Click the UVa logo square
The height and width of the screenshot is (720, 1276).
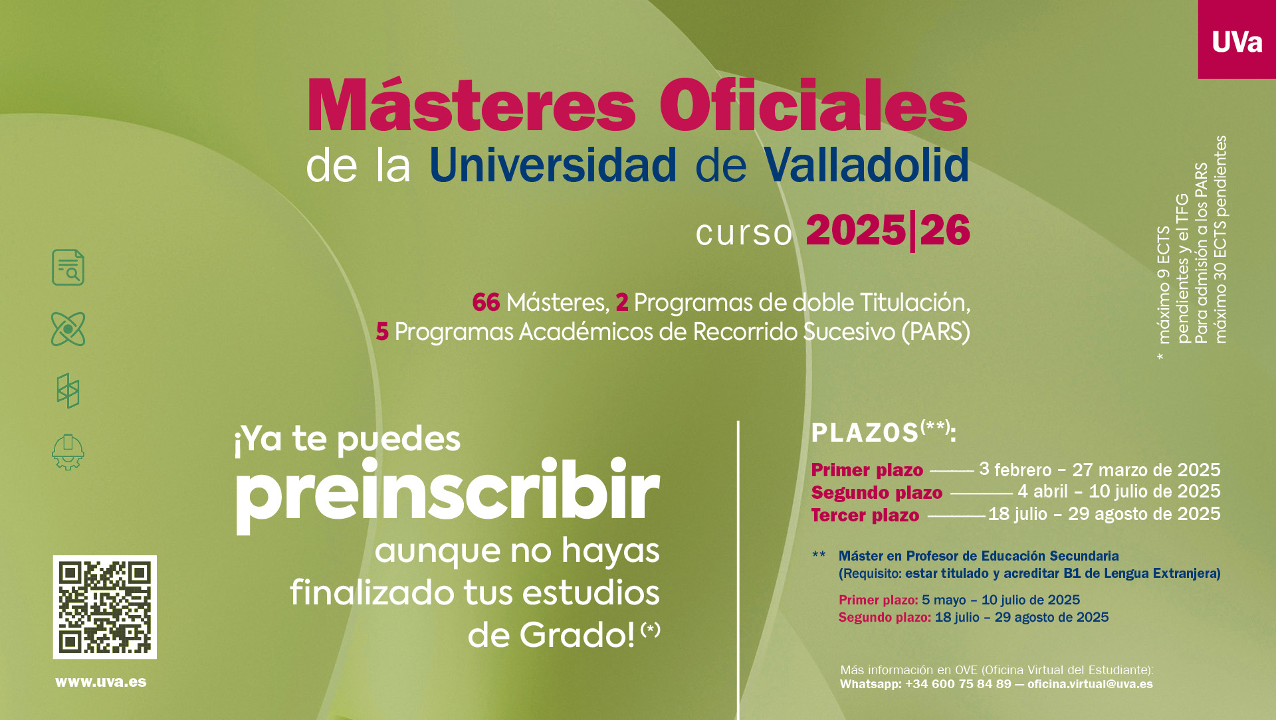[x=1237, y=39]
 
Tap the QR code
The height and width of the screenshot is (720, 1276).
[x=105, y=607]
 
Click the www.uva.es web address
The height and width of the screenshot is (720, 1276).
[x=101, y=682]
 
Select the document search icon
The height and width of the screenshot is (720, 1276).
[x=68, y=268]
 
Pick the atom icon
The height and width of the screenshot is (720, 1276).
[x=68, y=329]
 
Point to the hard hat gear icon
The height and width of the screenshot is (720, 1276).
[x=68, y=452]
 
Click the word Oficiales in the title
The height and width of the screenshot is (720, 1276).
[x=813, y=106]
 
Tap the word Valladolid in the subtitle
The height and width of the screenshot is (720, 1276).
[x=866, y=164]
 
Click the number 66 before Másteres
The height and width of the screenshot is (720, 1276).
[x=486, y=302]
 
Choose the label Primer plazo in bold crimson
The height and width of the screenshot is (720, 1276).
[x=867, y=470]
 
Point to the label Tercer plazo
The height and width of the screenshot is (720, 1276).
[x=865, y=515]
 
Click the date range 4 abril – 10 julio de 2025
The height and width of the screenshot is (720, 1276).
[x=1119, y=492]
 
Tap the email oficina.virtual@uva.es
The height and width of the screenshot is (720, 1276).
[x=1090, y=684]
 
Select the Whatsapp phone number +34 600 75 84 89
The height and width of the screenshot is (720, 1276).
[x=958, y=684]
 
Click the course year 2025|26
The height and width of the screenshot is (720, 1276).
[x=888, y=230]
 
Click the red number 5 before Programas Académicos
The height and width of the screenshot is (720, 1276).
[x=382, y=331]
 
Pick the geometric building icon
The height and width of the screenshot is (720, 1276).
[x=68, y=391]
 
